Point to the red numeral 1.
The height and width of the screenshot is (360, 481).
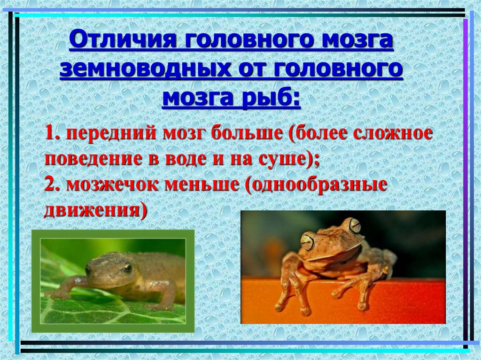pos(51,133)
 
